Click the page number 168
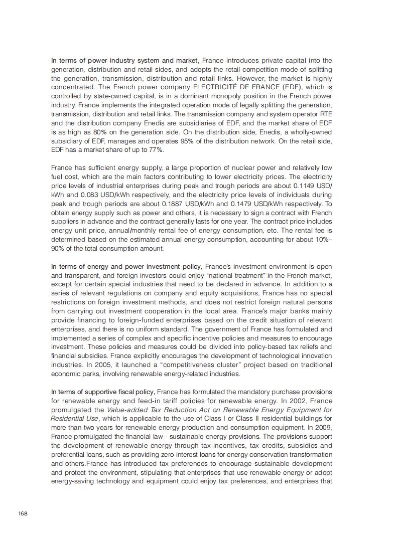pyautogui.click(x=23, y=514)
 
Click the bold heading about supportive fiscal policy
pyautogui.click(x=103, y=392)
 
